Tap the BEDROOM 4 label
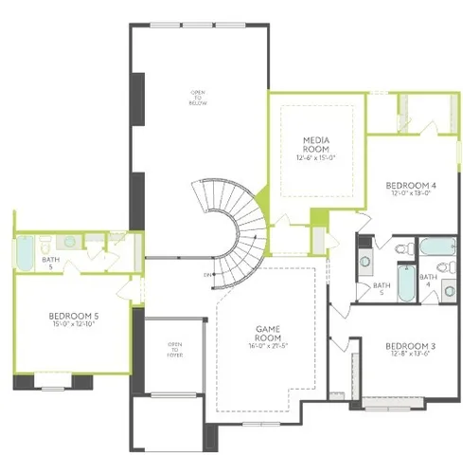click(411, 184)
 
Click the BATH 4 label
click(428, 281)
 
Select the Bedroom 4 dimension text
click(411, 192)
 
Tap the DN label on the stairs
click(207, 275)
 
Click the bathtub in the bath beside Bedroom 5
click(24, 253)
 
